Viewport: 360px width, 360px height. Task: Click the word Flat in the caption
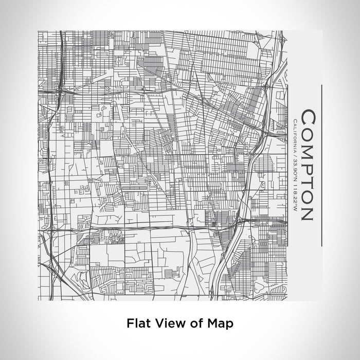[137, 323]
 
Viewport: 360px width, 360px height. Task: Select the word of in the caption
[191, 323]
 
